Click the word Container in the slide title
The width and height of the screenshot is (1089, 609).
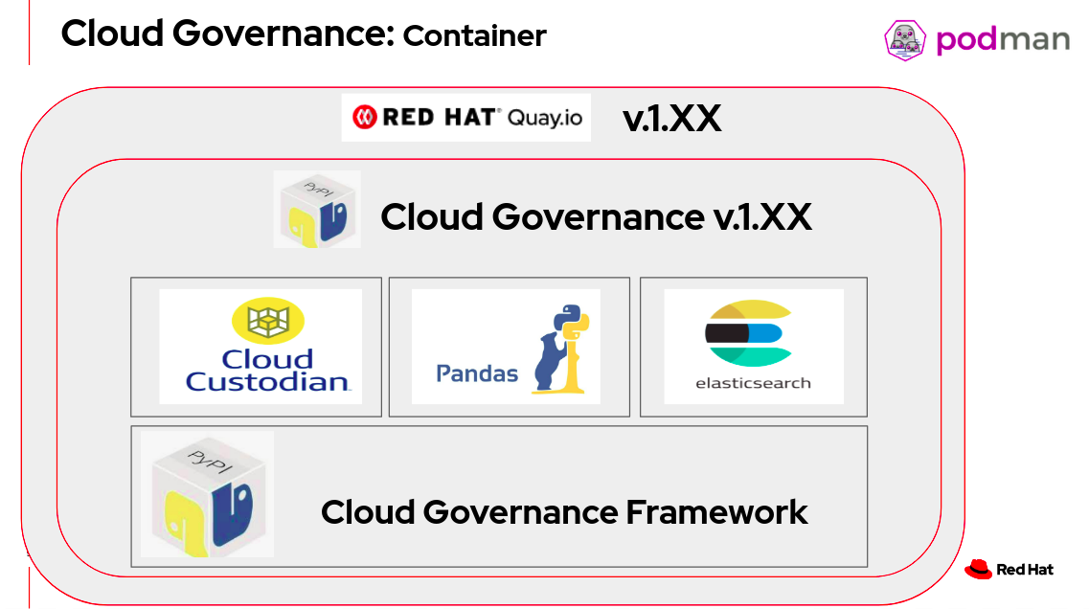coord(474,36)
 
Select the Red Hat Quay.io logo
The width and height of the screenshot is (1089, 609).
coord(465,118)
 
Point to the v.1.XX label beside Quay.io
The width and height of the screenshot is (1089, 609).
coord(671,119)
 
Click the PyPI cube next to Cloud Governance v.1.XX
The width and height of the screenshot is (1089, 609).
coord(317,209)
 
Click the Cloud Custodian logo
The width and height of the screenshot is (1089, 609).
coord(261,346)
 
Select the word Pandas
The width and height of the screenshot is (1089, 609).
coord(477,372)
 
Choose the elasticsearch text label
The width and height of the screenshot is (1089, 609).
coord(753,383)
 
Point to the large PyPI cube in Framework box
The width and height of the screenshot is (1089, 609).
coord(207,494)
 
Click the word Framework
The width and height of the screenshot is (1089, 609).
coord(716,512)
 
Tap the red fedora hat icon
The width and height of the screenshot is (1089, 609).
coord(978,569)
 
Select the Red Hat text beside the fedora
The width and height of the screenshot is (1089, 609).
coord(1025,570)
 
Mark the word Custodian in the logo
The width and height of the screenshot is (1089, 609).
coord(268,382)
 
